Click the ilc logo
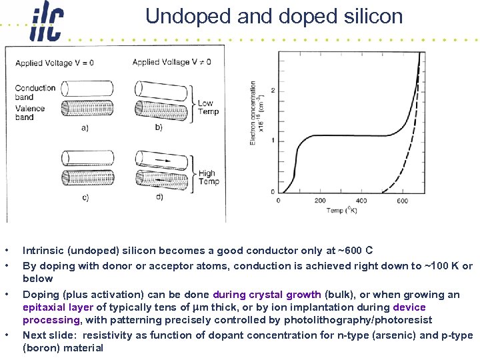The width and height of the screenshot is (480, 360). pyautogui.click(x=47, y=24)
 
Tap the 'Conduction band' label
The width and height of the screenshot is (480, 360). pyautogui.click(x=35, y=92)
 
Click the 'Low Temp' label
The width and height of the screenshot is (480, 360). pyautogui.click(x=207, y=107)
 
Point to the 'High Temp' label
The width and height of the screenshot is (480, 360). pyautogui.click(x=208, y=177)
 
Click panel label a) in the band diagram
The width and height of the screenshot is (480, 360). pyautogui.click(x=85, y=127)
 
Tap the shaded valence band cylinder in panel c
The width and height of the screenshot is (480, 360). pyautogui.click(x=85, y=177)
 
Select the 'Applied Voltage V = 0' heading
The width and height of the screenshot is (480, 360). pyautogui.click(x=55, y=63)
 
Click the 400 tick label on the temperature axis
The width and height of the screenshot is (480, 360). pyautogui.click(x=361, y=201)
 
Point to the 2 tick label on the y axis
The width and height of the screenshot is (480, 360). pyautogui.click(x=273, y=90)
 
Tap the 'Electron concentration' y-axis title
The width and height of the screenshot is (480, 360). pyautogui.click(x=253, y=113)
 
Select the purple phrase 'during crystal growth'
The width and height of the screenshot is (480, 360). pyautogui.click(x=267, y=295)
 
